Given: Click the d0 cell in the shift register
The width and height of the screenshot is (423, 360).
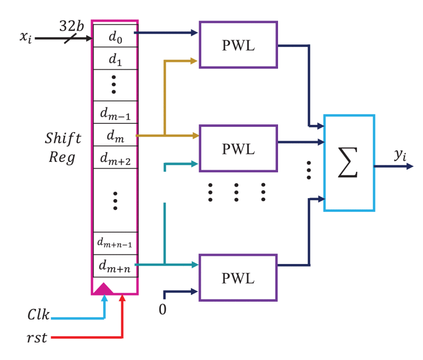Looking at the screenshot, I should [x=115, y=36].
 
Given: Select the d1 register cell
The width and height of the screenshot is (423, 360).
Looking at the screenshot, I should [x=115, y=58].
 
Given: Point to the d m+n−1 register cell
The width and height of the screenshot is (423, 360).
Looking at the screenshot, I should [x=115, y=243].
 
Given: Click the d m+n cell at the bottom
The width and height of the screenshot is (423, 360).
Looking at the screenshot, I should [x=115, y=266].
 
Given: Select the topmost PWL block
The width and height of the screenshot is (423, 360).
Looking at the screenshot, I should [x=238, y=45].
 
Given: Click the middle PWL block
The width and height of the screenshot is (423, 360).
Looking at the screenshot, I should [x=238, y=149].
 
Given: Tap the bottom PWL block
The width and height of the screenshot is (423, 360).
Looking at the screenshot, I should [x=238, y=277].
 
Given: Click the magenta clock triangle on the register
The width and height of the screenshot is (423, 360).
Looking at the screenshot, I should [x=103, y=288].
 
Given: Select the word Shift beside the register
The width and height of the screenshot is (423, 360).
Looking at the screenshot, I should [x=62, y=139].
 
